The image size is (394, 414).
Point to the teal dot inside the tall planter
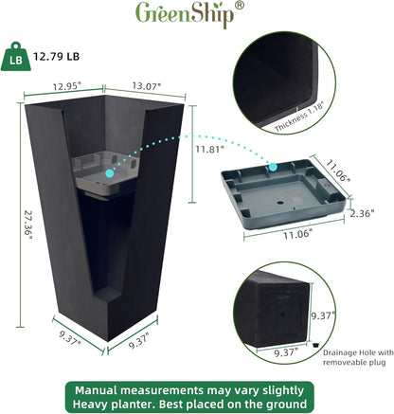(110, 173)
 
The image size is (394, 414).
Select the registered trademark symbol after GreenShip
(239, 6)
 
